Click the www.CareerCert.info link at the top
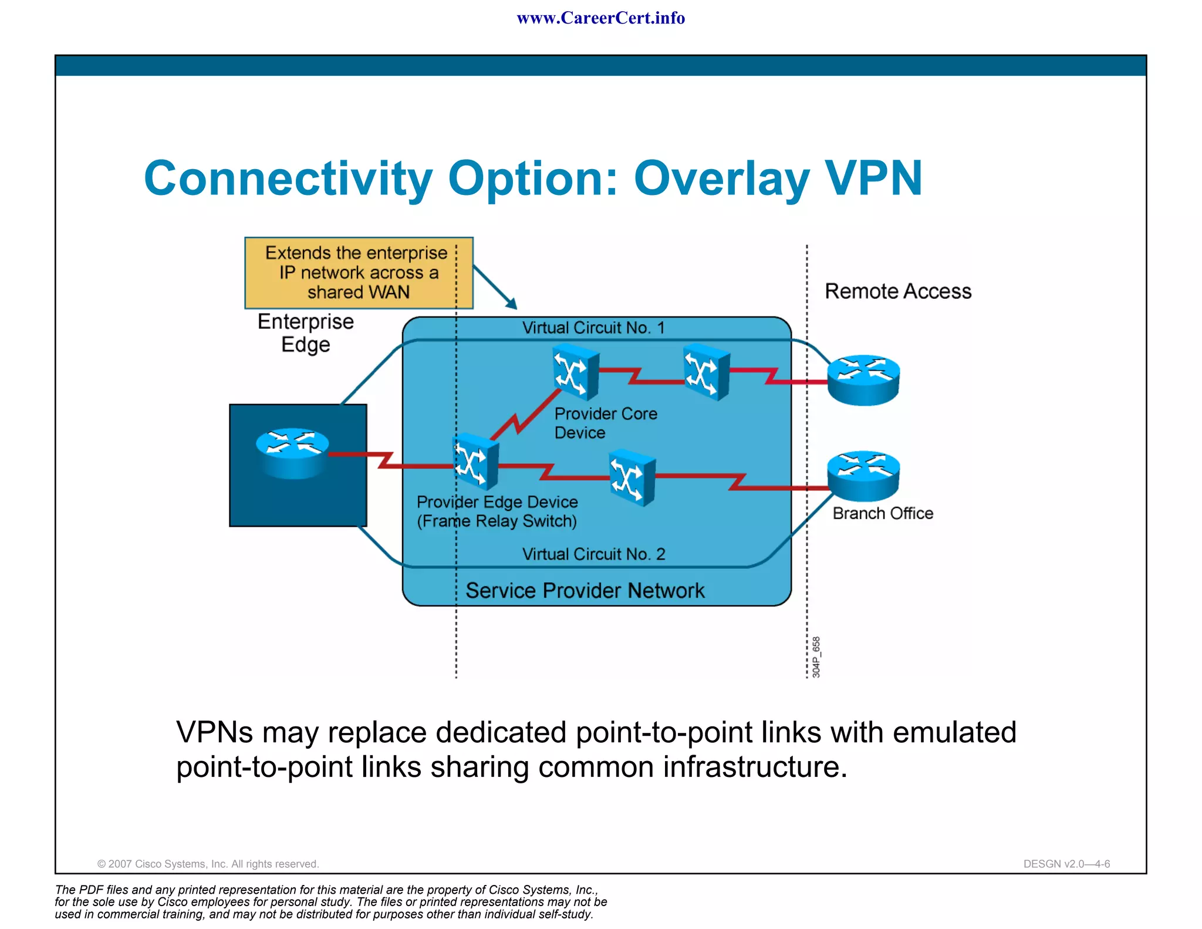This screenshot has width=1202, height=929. (600, 18)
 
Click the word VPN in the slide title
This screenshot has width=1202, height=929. (873, 179)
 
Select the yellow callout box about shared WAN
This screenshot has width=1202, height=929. (358, 273)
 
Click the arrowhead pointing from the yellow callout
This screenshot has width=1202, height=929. (512, 304)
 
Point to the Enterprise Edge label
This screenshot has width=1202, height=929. (306, 333)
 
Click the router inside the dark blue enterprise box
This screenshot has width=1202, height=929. (292, 452)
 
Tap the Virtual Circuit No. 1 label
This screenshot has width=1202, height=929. (593, 328)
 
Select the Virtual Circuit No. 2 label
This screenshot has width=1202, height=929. (593, 554)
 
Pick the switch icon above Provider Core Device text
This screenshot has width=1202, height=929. (576, 372)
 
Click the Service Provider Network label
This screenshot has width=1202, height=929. (585, 590)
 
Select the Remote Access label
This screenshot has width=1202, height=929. (897, 291)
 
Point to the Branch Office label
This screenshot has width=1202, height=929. (882, 513)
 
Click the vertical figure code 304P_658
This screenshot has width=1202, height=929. (816, 657)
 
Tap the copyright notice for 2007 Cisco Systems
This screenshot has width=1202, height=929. (208, 864)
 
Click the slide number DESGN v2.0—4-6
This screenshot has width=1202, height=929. (1066, 864)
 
